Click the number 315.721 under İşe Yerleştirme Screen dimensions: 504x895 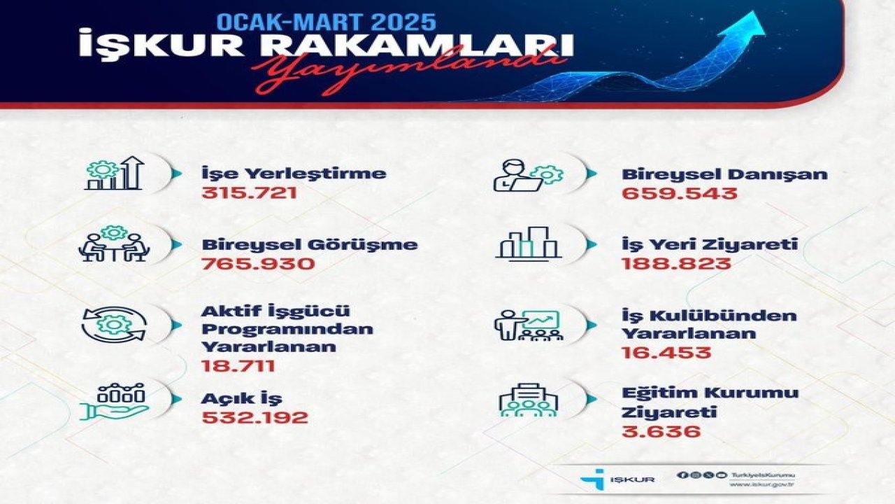tap(249, 192)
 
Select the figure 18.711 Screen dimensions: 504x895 tap(238, 365)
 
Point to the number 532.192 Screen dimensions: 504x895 tap(255, 418)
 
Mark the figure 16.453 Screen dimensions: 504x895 tap(666, 352)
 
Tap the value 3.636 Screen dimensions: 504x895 tap(661, 432)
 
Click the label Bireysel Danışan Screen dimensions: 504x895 tap(724, 174)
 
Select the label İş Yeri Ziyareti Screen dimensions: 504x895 tap(710, 245)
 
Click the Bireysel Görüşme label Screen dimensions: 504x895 tap(310, 245)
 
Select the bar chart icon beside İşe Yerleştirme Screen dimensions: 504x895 tap(114, 174)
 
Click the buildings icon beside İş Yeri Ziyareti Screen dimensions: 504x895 tap(528, 242)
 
